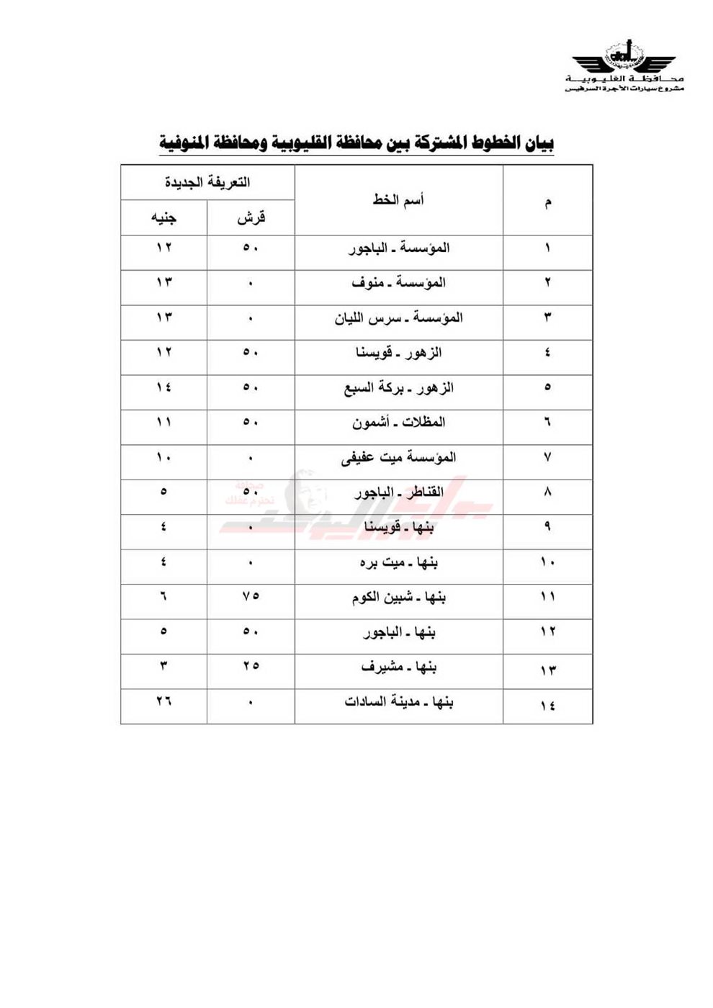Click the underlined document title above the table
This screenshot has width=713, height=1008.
tap(356, 143)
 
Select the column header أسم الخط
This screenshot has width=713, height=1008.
tap(398, 199)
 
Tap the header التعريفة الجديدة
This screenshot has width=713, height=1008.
tap(207, 182)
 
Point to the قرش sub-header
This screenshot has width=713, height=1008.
tap(251, 217)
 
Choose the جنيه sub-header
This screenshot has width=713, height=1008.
tap(163, 217)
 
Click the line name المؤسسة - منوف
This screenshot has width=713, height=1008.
tap(398, 282)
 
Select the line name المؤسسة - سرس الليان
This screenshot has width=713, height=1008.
tap(398, 318)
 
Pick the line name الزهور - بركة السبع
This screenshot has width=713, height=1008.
tap(398, 387)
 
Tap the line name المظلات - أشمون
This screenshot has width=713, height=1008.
tap(398, 423)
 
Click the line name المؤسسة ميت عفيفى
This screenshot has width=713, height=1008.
tap(398, 457)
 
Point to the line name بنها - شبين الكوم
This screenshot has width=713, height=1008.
tap(398, 597)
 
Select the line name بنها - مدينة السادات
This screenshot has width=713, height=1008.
tap(398, 702)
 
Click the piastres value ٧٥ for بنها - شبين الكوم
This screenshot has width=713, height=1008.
tap(250, 596)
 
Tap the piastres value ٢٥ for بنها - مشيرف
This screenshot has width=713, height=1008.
tap(250, 666)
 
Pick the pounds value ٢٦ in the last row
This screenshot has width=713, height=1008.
tap(163, 701)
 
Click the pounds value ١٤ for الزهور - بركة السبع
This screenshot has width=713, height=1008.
tap(163, 387)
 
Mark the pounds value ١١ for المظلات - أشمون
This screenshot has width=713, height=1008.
tap(163, 422)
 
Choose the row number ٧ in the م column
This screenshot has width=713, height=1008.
tap(547, 457)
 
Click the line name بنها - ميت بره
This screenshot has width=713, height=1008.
tap(398, 562)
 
